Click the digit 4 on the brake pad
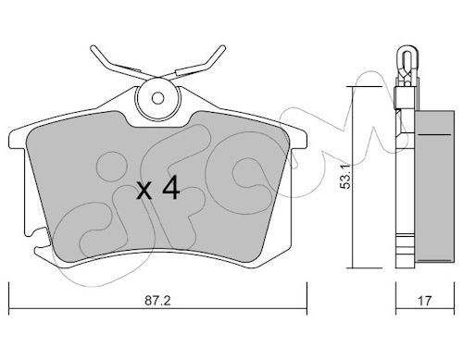pos(169,190)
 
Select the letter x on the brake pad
pos(144,192)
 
